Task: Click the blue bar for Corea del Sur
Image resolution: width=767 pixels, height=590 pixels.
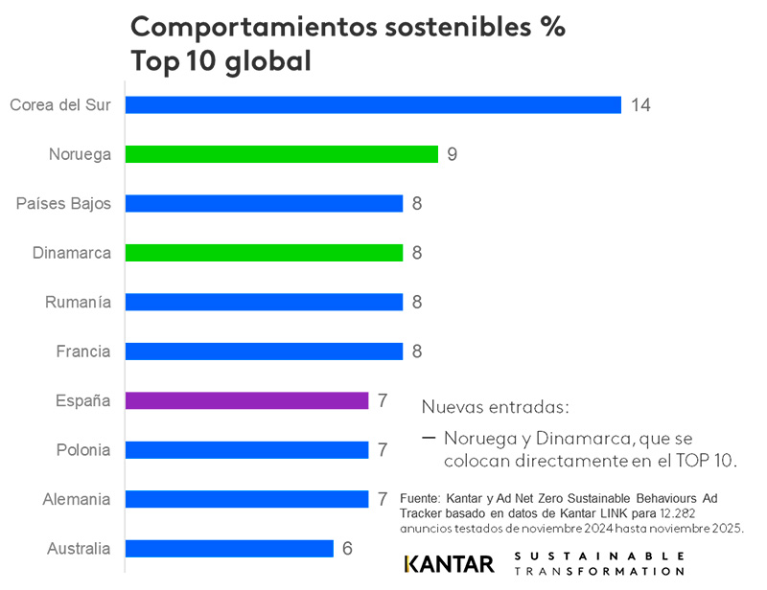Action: pos(373,104)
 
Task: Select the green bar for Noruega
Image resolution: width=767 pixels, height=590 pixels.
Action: pos(282,153)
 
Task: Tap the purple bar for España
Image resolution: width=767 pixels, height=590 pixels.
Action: pos(246,400)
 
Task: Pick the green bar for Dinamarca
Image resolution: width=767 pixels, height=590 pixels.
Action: pos(264,253)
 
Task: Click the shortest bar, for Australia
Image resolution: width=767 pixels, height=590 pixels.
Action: pos(229,549)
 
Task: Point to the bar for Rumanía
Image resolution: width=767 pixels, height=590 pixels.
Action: pos(264,302)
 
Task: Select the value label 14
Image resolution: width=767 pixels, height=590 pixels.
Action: pos(640,104)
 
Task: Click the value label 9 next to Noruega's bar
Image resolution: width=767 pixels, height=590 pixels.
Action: pos(452,153)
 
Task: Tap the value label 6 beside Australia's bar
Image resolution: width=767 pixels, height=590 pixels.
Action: pos(347,549)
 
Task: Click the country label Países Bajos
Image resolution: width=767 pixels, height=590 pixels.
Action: pos(63,203)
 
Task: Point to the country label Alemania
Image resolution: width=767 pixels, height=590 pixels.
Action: pos(77,499)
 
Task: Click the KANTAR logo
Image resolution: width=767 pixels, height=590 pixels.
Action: pos(449,563)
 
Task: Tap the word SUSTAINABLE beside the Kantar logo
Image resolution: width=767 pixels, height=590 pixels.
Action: pos(599,556)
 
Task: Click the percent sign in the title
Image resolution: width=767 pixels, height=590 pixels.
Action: pos(550,27)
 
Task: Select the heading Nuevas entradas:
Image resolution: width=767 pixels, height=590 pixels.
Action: pos(495,407)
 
